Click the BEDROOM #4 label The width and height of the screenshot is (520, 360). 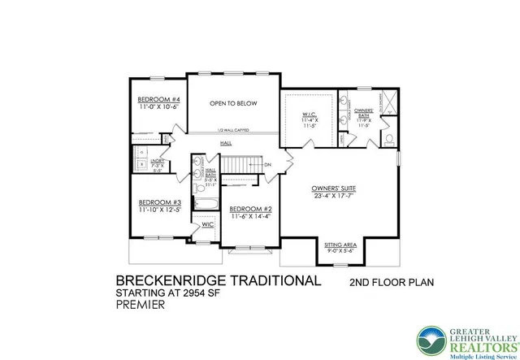[158, 100]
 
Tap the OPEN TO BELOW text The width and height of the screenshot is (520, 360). [233, 103]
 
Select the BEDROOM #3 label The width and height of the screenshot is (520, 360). [158, 202]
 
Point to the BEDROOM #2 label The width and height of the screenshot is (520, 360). [250, 209]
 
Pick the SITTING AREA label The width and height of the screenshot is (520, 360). [340, 245]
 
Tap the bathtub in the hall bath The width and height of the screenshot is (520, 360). [203, 202]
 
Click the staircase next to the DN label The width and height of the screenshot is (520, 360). [239, 165]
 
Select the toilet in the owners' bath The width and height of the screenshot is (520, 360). [388, 139]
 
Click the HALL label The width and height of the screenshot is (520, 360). [226, 143]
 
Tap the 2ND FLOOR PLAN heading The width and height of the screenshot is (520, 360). [391, 284]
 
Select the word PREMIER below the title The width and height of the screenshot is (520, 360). [141, 306]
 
